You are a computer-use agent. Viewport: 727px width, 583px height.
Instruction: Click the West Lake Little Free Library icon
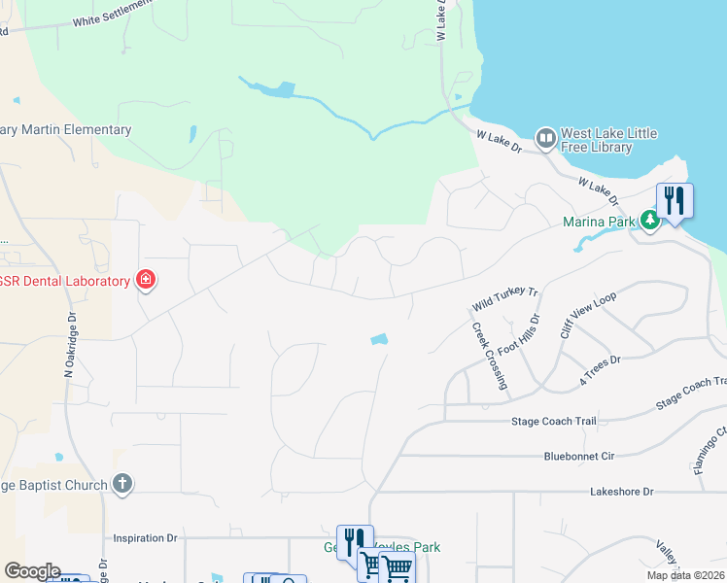pyautogui.click(x=545, y=140)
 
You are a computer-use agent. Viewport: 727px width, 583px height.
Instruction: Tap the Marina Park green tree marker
pyautogui.click(x=650, y=221)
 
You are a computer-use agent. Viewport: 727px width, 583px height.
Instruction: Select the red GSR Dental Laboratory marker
pyautogui.click(x=146, y=281)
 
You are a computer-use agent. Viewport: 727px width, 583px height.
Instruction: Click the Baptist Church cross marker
pyautogui.click(x=121, y=484)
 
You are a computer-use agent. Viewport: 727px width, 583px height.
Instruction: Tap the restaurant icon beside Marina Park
pyautogui.click(x=675, y=201)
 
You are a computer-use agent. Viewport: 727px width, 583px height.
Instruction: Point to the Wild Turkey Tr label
pyautogui.click(x=505, y=298)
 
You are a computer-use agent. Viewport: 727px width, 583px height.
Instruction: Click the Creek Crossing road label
pyautogui.click(x=490, y=356)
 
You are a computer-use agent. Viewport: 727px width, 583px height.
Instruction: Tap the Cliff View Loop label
pyautogui.click(x=587, y=315)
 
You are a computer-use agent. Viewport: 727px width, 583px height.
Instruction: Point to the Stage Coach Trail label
pyautogui.click(x=553, y=422)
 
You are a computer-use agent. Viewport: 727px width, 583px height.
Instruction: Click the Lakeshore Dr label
pyautogui.click(x=622, y=492)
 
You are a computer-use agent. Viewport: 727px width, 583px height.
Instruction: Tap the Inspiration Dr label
pyautogui.click(x=146, y=537)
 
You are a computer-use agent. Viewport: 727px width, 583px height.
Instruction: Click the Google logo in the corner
pyautogui.click(x=31, y=571)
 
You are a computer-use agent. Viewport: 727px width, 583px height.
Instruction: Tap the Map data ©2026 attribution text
pyautogui.click(x=685, y=575)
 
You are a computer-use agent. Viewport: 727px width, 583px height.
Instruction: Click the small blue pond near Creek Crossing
pyautogui.click(x=379, y=339)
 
